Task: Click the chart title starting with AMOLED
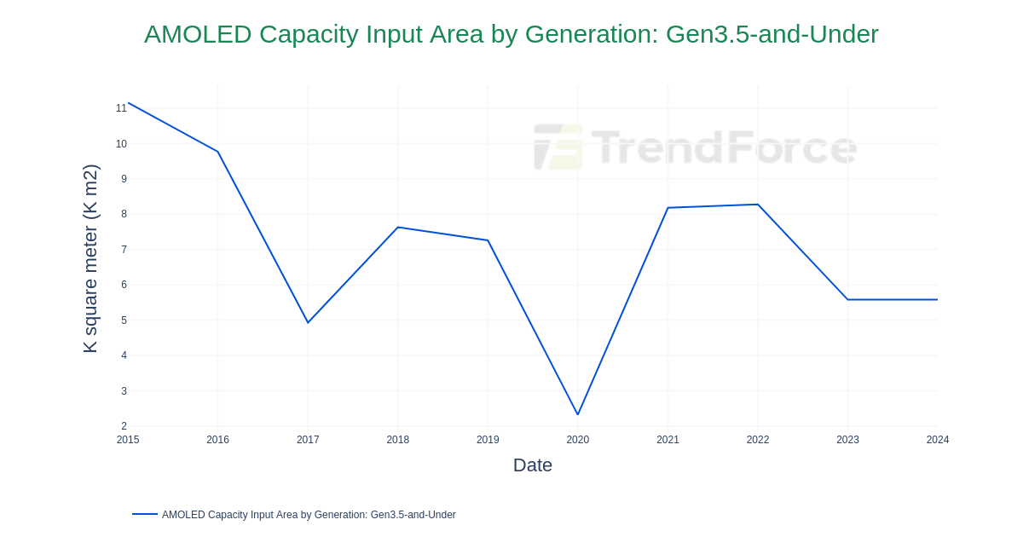511,34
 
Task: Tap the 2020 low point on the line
578,414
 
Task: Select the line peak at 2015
129,103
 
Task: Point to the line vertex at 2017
308,322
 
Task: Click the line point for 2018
398,228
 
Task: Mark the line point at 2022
758,205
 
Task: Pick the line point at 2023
847,299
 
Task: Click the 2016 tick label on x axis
217,440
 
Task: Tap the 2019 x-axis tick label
488,440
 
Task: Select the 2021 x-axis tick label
668,440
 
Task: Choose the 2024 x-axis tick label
937,440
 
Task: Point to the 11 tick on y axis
121,108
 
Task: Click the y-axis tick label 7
124,250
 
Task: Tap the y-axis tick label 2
124,426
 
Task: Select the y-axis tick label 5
124,320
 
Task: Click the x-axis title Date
532,465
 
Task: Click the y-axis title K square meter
90,258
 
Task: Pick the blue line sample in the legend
145,514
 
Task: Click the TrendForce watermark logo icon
558,147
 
